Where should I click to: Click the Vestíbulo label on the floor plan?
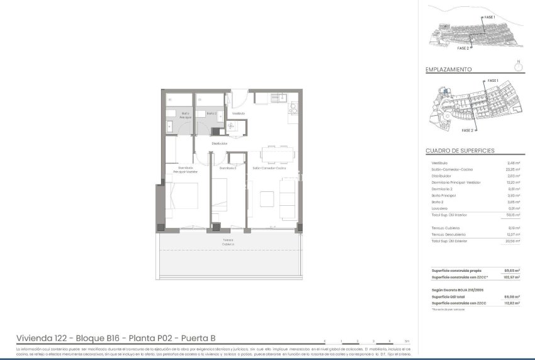click(x=238, y=113)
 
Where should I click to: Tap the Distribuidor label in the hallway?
click(x=219, y=143)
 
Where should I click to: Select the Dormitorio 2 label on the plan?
click(x=227, y=168)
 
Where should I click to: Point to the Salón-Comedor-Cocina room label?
click(x=270, y=168)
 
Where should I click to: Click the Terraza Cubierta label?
click(x=227, y=242)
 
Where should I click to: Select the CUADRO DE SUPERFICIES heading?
click(x=459, y=151)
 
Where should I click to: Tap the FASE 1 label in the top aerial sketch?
click(x=490, y=17)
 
